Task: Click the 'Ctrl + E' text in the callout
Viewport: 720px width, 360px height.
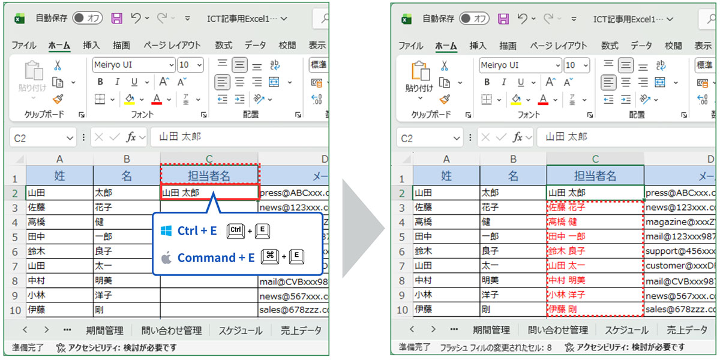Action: pyautogui.click(x=197, y=231)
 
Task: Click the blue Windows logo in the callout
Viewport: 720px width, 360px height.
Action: pyautogui.click(x=166, y=231)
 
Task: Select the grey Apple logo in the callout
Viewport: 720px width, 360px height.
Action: pyautogui.click(x=166, y=258)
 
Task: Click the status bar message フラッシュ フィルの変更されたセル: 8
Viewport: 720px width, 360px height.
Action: pyautogui.click(x=496, y=347)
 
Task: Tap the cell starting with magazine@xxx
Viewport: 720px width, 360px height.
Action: pyautogui.click(x=680, y=222)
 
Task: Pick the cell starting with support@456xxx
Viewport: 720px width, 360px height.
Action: pyautogui.click(x=680, y=251)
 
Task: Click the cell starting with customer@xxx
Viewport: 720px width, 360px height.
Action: pyautogui.click(x=680, y=266)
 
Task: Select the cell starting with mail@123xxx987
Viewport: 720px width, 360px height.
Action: pyautogui.click(x=680, y=236)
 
